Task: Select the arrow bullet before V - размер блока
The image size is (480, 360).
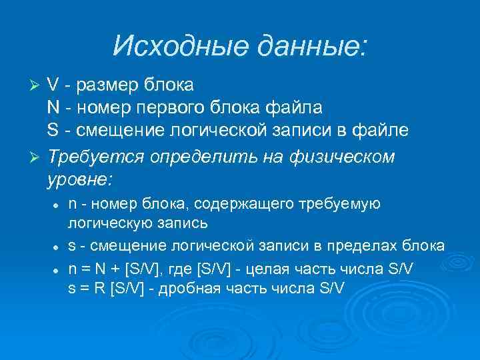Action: (37, 86)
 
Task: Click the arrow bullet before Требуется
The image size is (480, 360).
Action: (37, 157)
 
